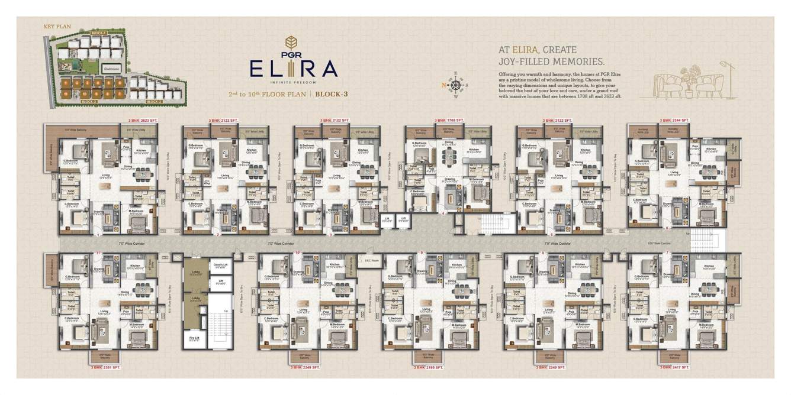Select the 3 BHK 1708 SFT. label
448,121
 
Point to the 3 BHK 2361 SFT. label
105,367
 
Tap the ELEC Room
371,260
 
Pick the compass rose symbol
456,85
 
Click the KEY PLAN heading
54,27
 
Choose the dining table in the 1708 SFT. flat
448,155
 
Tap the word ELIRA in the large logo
293,69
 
